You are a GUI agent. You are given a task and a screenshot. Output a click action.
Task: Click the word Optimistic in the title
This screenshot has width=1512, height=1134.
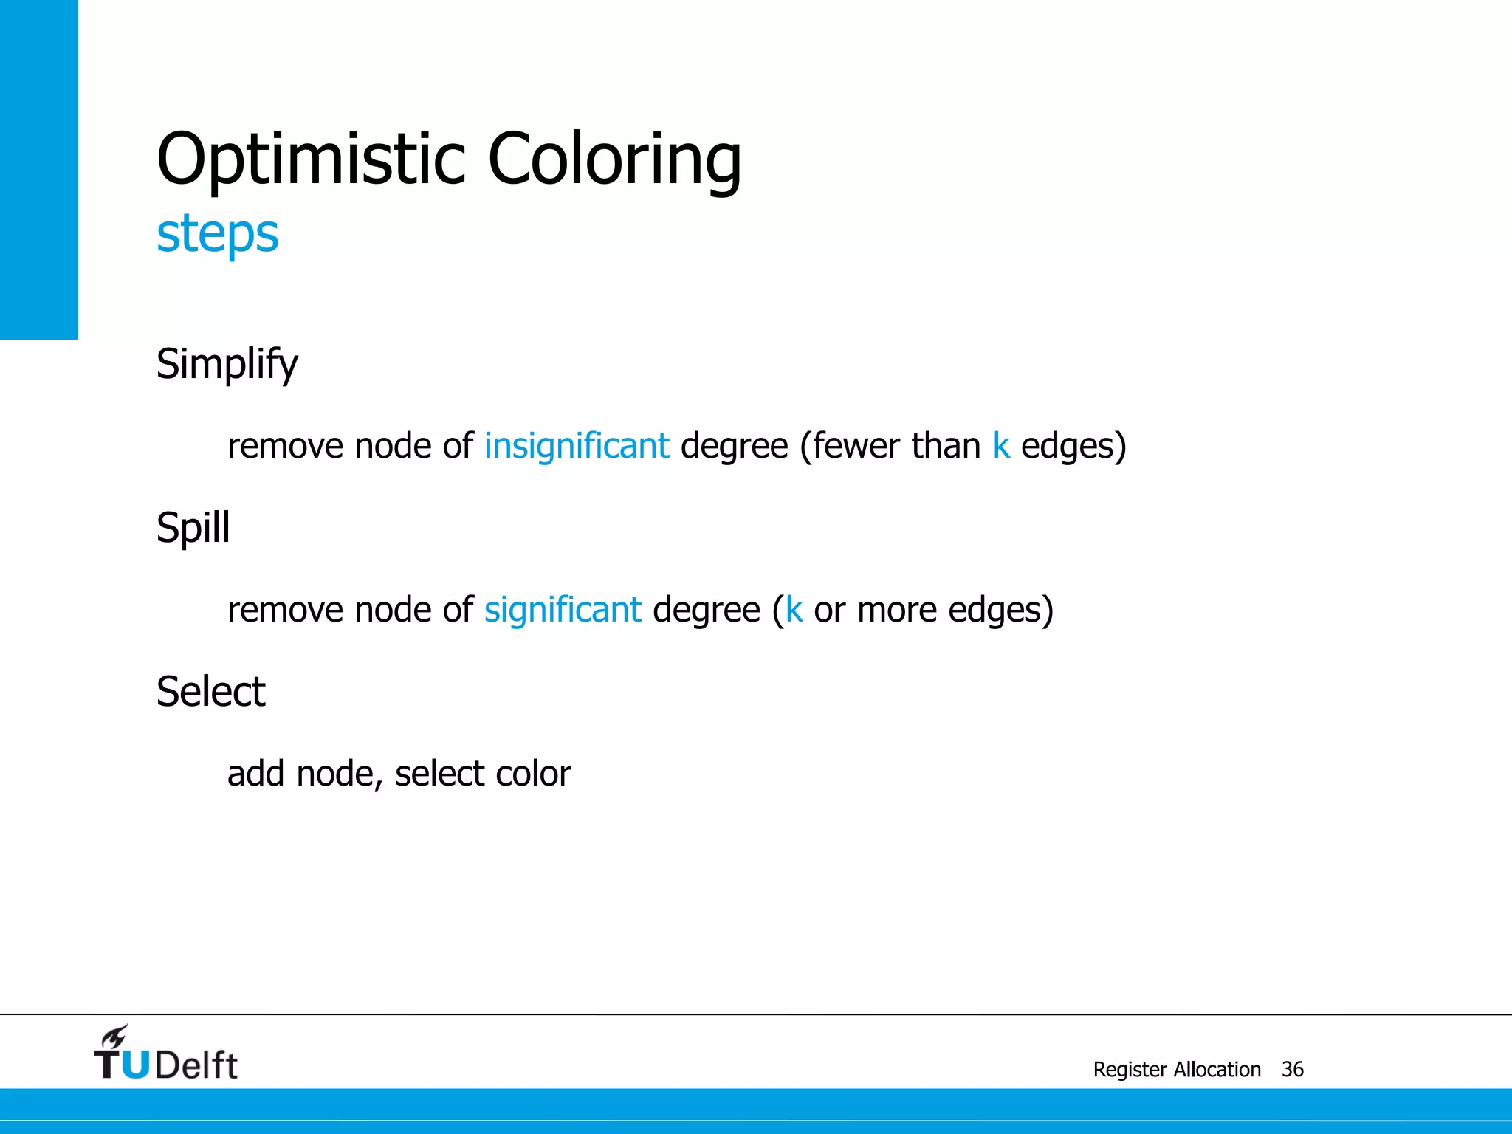pyautogui.click(x=311, y=159)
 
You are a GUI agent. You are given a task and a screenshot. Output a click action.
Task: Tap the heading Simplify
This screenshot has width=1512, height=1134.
pyautogui.click(x=227, y=365)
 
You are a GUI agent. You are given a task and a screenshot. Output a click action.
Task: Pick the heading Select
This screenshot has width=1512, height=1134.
pyautogui.click(x=211, y=693)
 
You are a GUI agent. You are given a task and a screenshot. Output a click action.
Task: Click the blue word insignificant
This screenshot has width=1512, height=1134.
pyautogui.click(x=577, y=446)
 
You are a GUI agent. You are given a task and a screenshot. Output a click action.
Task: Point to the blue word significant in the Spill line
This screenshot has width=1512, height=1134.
pyautogui.click(x=563, y=610)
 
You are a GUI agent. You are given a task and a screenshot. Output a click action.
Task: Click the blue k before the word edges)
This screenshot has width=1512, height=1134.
pyautogui.click(x=1000, y=446)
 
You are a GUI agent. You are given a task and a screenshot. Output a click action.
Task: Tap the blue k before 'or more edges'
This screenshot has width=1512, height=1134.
pyautogui.click(x=794, y=610)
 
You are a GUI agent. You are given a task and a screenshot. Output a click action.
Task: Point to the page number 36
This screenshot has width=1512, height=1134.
pyautogui.click(x=1292, y=1069)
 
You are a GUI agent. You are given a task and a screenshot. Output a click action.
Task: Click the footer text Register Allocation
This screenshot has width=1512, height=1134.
pyautogui.click(x=1177, y=1069)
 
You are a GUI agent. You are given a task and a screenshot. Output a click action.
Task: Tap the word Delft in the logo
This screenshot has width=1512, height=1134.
pyautogui.click(x=196, y=1065)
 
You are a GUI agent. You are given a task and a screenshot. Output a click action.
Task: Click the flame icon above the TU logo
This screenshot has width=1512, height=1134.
pyautogui.click(x=114, y=1037)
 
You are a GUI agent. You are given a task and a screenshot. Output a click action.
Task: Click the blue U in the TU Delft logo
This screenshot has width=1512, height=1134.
pyautogui.click(x=134, y=1065)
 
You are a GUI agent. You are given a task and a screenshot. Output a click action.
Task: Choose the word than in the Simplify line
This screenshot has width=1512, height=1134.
pyautogui.click(x=946, y=446)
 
